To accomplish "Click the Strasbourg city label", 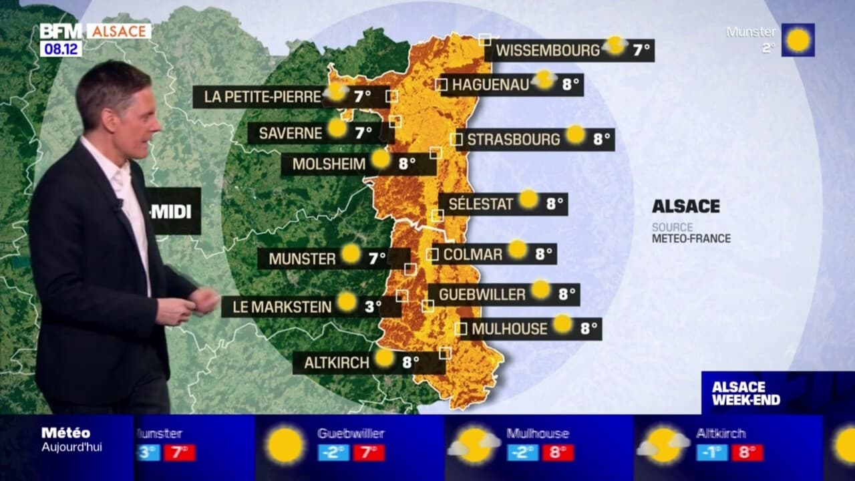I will point(513,140).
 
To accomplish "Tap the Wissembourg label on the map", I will point(548,50).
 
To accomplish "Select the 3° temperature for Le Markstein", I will point(373,307).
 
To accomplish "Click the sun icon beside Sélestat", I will point(528,198).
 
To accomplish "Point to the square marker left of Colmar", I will point(432,254).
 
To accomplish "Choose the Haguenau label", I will point(490,85).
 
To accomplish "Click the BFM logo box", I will point(61,31).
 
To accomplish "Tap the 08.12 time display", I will point(61,49).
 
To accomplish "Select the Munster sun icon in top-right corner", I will point(798,40).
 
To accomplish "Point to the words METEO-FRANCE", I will point(691,238).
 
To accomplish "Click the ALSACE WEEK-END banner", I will point(745,393).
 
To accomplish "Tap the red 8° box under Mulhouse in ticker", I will point(558,452).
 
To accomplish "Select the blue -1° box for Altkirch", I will point(712,452).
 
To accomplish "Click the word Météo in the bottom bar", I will point(65,433).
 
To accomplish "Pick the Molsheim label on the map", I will point(329,164).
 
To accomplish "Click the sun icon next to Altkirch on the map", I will point(384,357).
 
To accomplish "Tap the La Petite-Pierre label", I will point(263,97).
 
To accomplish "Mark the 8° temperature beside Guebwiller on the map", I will point(567,295).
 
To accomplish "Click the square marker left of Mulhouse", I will point(461,329).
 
